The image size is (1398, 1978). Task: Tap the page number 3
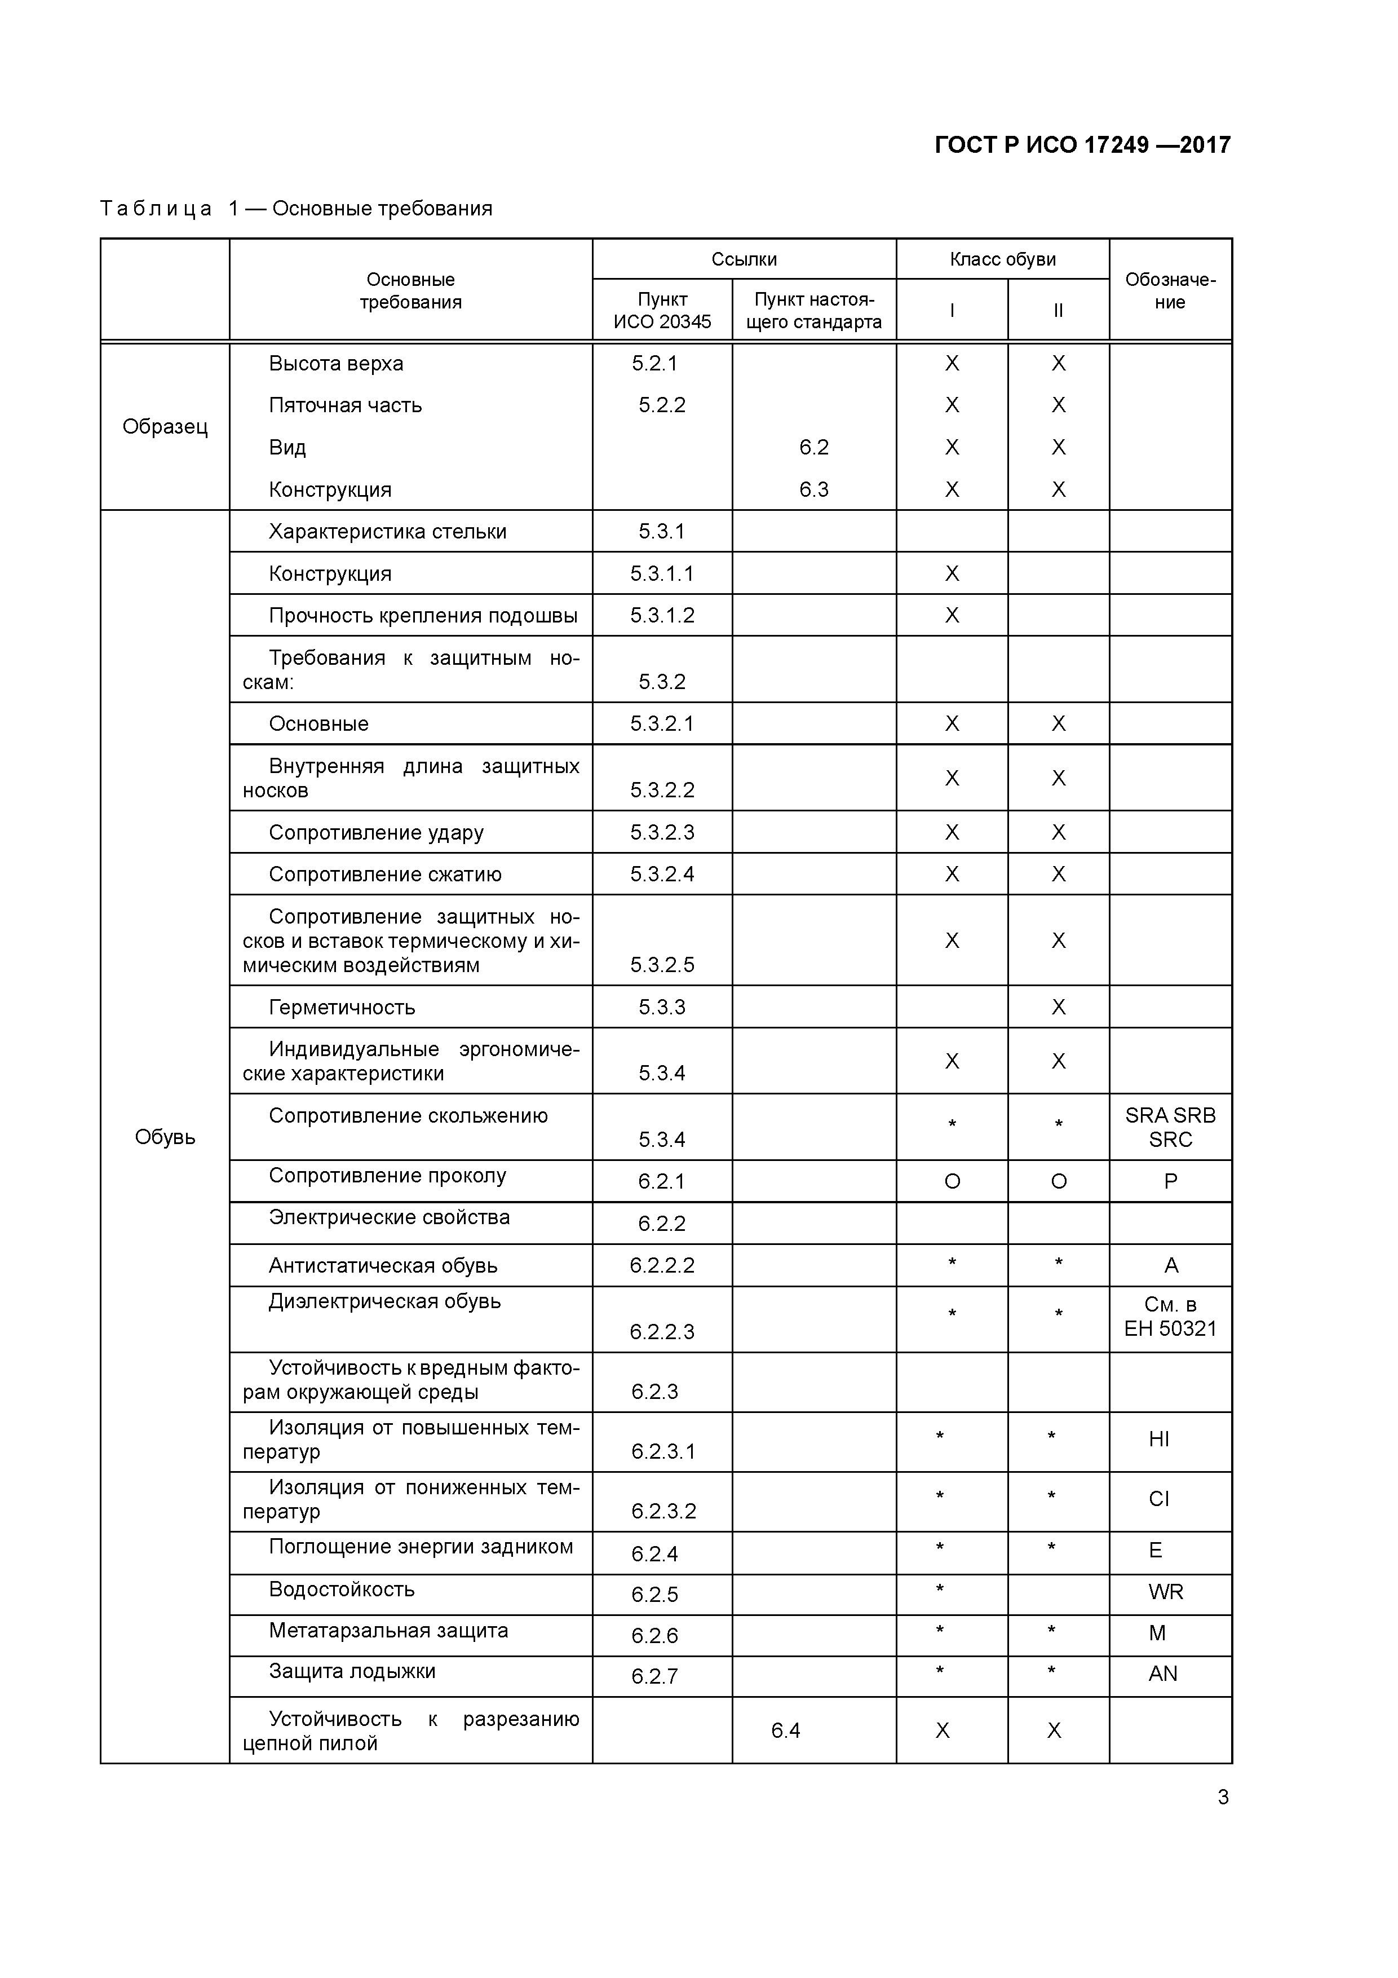tap(1222, 1796)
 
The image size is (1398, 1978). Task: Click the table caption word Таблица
tap(156, 209)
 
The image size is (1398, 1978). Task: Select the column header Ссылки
tap(744, 259)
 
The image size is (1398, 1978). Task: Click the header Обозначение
tap(1170, 290)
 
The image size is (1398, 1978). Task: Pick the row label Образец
tap(165, 426)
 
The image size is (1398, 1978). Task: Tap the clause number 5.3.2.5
tap(662, 965)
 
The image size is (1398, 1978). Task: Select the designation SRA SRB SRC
tap(1170, 1127)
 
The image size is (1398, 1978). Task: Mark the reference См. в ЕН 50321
tap(1170, 1317)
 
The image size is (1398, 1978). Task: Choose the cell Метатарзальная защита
tap(388, 1630)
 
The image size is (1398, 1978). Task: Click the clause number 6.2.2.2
tap(662, 1265)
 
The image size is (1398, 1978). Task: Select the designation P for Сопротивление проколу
tap(1170, 1181)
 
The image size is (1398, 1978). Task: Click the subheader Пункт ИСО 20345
tap(662, 310)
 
